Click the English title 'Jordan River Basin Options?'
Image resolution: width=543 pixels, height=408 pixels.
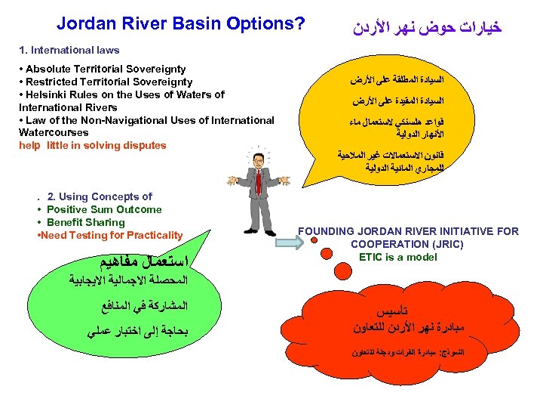pos(181,24)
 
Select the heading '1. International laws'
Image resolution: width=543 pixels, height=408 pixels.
pos(69,51)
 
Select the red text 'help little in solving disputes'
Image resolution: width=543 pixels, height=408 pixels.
pos(93,145)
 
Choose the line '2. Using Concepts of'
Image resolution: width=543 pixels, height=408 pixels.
pos(99,196)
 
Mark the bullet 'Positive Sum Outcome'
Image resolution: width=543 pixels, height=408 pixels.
pos(104,209)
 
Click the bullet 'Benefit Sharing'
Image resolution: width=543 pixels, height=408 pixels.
pos(85,222)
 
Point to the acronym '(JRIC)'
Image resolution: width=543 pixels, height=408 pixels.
pos(443,244)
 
